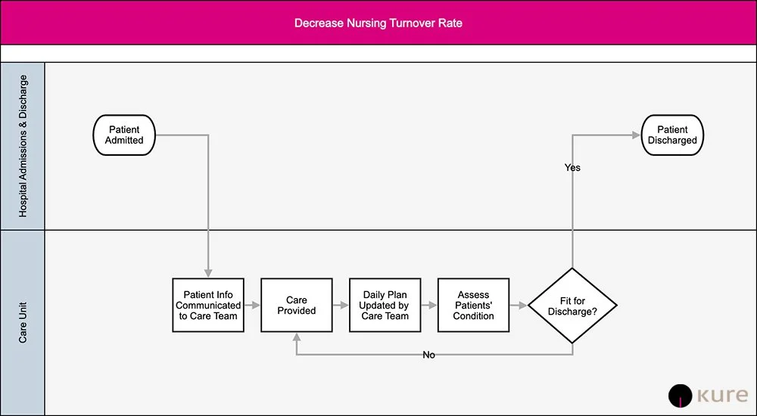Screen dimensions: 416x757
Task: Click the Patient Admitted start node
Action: click(124, 135)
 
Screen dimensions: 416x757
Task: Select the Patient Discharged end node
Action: click(672, 135)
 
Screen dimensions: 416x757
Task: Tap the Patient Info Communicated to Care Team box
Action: click(208, 306)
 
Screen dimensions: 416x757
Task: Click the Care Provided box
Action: click(297, 306)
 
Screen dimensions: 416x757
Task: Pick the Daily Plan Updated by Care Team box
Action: click(385, 306)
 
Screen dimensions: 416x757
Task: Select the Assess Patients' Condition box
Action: click(474, 306)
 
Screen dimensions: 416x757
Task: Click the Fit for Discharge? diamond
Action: click(572, 306)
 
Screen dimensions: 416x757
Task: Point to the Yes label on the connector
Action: click(572, 167)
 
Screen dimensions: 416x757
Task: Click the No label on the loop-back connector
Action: click(428, 355)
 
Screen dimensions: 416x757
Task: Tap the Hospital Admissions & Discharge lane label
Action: click(23, 146)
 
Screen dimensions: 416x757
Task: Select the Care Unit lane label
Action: click(23, 323)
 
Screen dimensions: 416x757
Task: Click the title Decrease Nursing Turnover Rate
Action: click(378, 23)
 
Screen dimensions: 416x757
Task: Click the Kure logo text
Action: click(722, 396)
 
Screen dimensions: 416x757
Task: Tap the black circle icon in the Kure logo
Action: click(681, 396)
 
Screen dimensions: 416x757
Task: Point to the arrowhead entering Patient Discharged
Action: click(637, 135)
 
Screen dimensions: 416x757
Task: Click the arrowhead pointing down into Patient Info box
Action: click(208, 273)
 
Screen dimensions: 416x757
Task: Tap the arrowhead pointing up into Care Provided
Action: click(297, 337)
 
